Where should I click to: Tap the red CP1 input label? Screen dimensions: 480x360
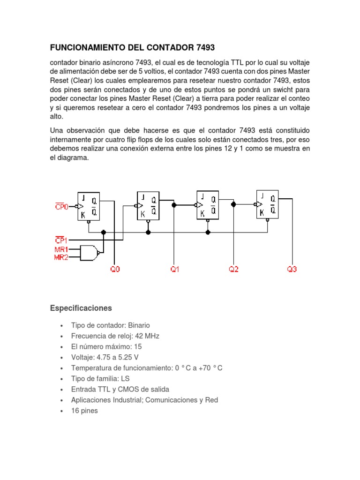[x=61, y=240]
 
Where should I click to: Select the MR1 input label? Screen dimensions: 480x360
[x=61, y=249]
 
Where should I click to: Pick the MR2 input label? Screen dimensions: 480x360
[x=61, y=257]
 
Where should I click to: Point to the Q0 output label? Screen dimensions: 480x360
[x=115, y=270]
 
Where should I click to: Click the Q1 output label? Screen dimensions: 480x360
[x=174, y=270]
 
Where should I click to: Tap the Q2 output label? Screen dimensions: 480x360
[x=233, y=270]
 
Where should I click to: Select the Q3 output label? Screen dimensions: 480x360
[x=292, y=270]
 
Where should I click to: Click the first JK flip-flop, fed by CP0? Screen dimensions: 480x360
[x=89, y=206]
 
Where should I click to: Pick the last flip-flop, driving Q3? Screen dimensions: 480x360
[x=267, y=204]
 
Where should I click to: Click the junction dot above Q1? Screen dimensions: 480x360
[x=174, y=205]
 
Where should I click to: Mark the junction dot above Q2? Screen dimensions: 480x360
[x=233, y=204]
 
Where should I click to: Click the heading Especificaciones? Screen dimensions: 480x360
[x=81, y=308]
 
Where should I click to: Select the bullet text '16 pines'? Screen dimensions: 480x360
[x=84, y=411]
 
